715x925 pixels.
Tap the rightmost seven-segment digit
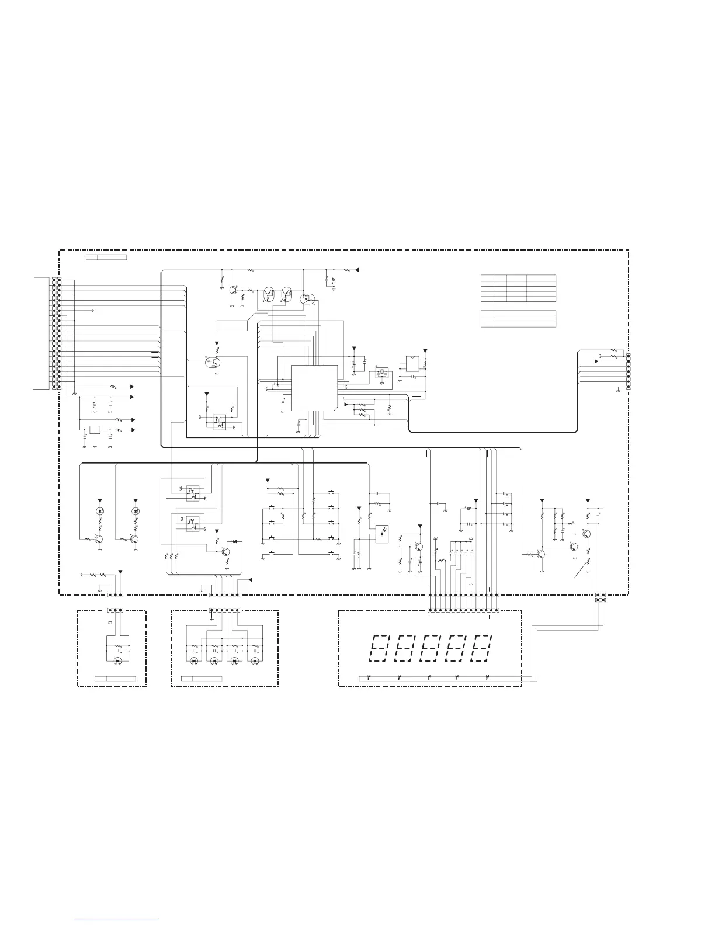coord(482,648)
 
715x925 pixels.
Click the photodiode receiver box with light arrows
coord(381,531)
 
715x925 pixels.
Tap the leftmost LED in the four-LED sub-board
coord(194,661)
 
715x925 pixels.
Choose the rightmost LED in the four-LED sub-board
coord(255,661)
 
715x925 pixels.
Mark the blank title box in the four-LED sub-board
coord(202,679)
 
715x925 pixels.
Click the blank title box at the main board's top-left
coord(106,257)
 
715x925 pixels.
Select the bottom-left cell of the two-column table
coord(487,324)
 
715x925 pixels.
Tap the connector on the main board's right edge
coord(628,370)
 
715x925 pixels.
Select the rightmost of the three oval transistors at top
coord(308,299)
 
